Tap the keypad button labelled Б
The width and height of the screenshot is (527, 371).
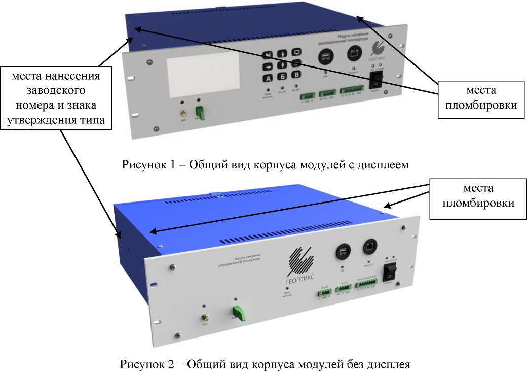282,76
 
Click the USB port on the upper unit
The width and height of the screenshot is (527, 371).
325,57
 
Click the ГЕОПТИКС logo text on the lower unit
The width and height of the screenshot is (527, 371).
300,279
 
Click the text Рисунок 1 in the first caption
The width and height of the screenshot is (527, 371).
143,165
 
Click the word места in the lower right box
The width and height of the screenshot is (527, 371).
474,188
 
